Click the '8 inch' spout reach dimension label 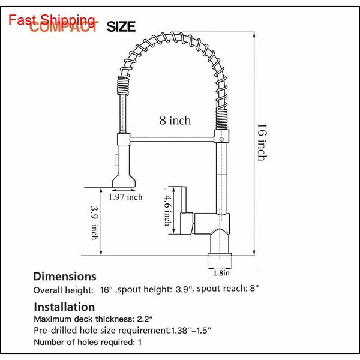point(175,121)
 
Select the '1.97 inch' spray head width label point(125,197)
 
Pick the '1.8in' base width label point(221,273)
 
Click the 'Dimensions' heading point(64,277)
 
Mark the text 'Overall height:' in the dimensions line point(62,290)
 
